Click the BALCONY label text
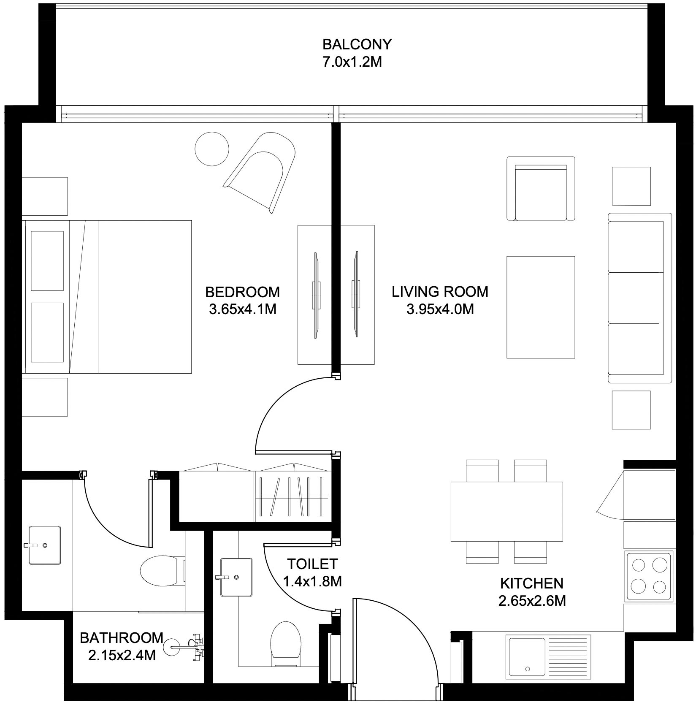click(x=357, y=44)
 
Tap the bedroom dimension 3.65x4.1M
click(x=243, y=309)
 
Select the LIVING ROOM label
click(x=440, y=292)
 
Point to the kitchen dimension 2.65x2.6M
click(x=532, y=600)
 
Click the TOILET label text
click(x=312, y=564)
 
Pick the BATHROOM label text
click(x=122, y=637)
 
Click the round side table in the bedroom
click(x=212, y=149)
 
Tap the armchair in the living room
click(x=541, y=189)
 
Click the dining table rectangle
click(x=506, y=512)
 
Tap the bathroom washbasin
click(x=44, y=545)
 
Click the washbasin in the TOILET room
click(x=236, y=577)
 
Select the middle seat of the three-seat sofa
click(x=634, y=298)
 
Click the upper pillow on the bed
click(x=47, y=260)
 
